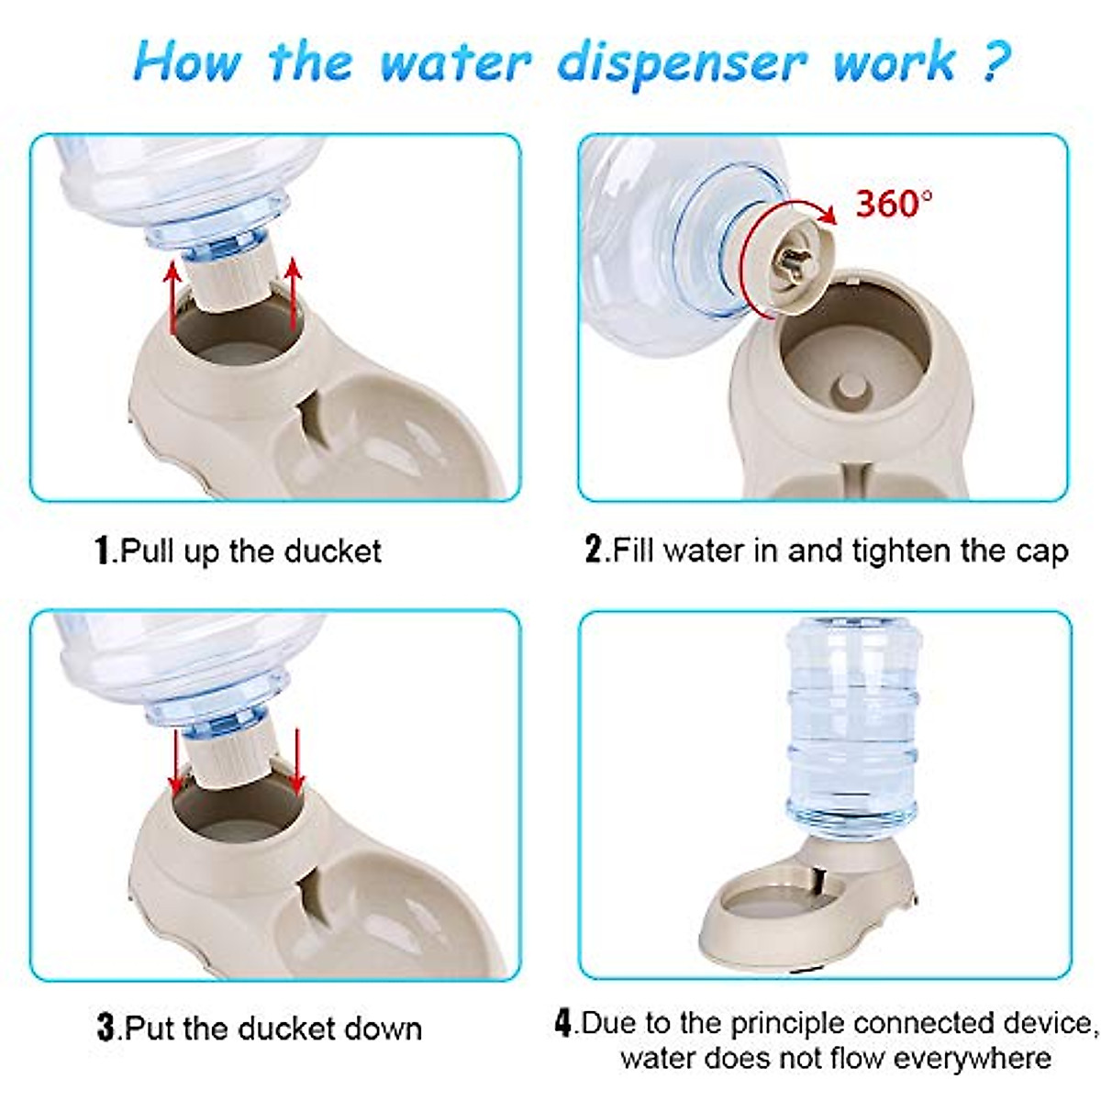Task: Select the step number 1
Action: click(104, 550)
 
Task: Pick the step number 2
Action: click(594, 550)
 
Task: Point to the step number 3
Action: click(106, 1028)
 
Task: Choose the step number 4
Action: click(563, 1022)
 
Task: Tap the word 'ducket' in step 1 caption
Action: click(332, 550)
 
